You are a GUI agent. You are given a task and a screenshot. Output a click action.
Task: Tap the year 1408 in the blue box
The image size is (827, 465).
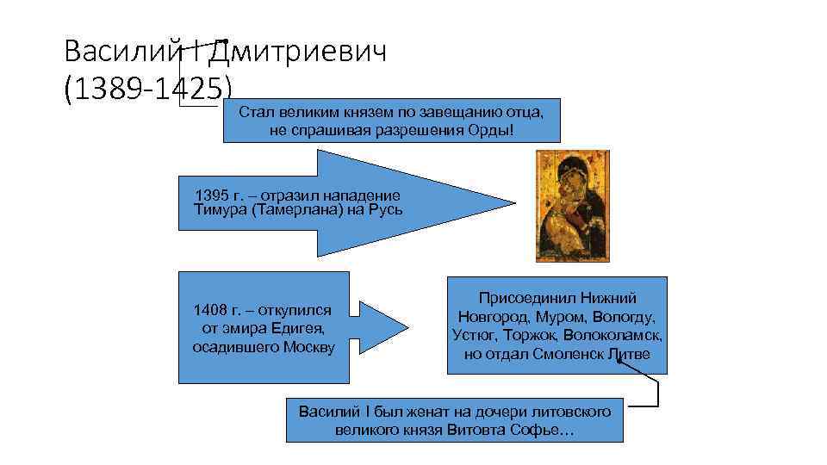click(212, 309)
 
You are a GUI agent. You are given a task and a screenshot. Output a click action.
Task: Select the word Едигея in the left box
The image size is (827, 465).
click(297, 328)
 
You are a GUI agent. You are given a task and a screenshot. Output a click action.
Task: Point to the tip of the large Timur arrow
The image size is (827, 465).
click(514, 204)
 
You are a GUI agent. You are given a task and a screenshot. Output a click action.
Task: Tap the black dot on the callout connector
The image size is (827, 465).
click(619, 362)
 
